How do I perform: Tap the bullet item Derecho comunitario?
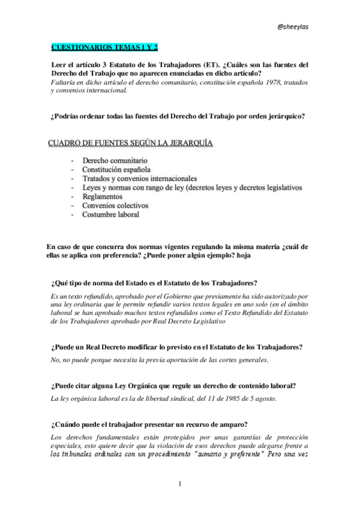point(115,161)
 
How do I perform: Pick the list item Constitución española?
point(116,170)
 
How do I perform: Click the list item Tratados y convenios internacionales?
point(139,179)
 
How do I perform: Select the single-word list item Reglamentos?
point(103,196)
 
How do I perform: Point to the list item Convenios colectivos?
point(115,205)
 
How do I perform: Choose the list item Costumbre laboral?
point(111,214)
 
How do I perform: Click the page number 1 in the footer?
point(179,483)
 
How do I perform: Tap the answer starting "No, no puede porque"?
point(160,360)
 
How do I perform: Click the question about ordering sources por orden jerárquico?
point(178,116)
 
